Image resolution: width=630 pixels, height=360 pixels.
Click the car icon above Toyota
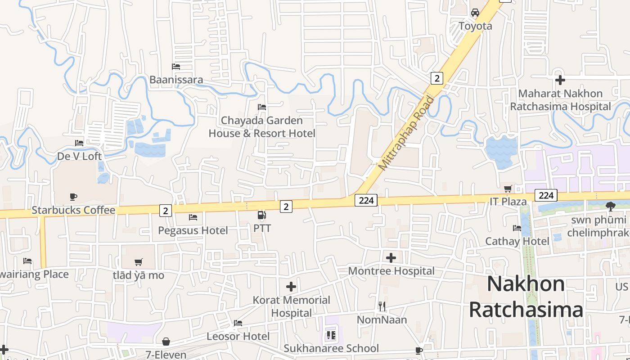pos(475,13)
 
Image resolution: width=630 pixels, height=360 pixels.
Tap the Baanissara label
pos(176,80)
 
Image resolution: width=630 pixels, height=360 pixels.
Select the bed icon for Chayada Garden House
pos(261,107)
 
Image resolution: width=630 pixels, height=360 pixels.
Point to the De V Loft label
pos(79,156)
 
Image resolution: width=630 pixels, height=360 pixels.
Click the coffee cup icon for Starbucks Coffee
pos(73,197)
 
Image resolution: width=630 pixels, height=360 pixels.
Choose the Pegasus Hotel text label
pos(193,230)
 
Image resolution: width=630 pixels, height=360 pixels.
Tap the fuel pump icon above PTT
pos(261,215)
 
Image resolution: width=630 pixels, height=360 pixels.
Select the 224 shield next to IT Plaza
pos(546,195)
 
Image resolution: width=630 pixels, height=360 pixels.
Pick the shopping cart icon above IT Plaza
pos(508,189)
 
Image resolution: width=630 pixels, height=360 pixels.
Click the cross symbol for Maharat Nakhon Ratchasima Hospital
pos(560,80)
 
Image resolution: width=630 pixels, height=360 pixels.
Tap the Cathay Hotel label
pos(517,241)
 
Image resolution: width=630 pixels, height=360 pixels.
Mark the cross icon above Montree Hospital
pos(391,258)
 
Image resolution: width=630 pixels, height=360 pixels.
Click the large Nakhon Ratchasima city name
pos(526,297)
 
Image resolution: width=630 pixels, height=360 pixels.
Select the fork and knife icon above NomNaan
pos(382,306)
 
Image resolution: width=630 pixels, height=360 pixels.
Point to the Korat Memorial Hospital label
pos(291,306)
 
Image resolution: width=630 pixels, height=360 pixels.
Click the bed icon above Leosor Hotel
pos(238,323)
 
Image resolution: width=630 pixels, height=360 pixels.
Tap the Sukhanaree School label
pos(331,348)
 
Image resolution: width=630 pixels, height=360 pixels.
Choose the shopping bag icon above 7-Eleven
pos(166,342)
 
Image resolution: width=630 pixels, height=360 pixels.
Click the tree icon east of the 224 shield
pos(610,207)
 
